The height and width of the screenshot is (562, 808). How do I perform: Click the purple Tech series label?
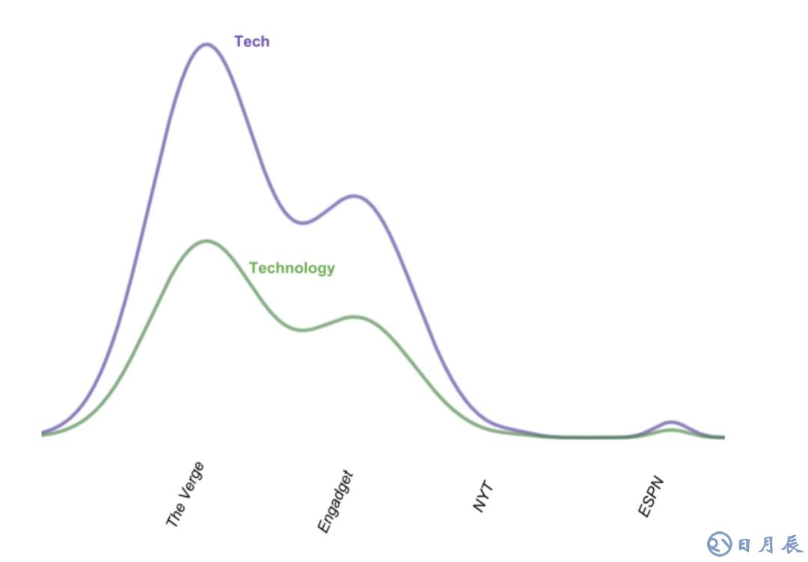tap(251, 42)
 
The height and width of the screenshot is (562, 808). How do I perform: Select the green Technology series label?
tap(292, 268)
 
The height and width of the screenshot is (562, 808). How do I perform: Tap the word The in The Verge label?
tap(174, 516)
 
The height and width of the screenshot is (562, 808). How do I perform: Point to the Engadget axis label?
tap(334, 501)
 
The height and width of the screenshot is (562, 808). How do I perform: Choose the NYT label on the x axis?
tap(485, 497)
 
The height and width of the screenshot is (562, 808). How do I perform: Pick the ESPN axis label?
tap(652, 495)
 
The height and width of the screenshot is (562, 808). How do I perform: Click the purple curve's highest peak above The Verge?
tap(205, 44)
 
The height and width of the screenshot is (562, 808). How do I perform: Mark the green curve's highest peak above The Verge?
tap(205, 241)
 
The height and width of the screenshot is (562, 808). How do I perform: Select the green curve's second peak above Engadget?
tap(354, 317)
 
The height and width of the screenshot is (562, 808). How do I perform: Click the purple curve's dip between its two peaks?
tap(301, 222)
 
